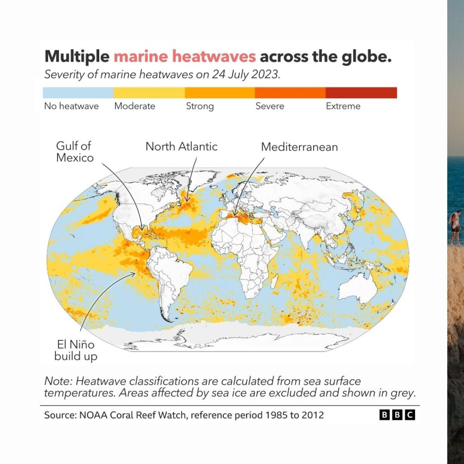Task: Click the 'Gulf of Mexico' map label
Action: tap(75, 152)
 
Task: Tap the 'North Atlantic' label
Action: tap(181, 146)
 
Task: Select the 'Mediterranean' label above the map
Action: tap(299, 147)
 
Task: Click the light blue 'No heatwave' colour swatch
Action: tap(78, 93)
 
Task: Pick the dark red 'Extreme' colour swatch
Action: tap(361, 93)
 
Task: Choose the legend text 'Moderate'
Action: tap(135, 106)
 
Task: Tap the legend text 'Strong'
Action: tap(200, 106)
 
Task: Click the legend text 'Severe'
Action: tap(270, 106)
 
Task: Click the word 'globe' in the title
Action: tap(365, 57)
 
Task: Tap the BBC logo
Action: tap(397, 415)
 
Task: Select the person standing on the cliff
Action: tap(455, 227)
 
